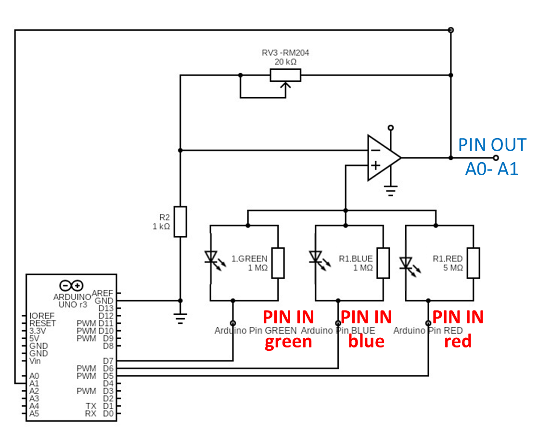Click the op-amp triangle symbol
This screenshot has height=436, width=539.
pyautogui.click(x=383, y=158)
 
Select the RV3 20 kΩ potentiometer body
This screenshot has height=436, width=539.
pyautogui.click(x=285, y=76)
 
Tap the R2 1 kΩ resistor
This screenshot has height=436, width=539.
pyautogui.click(x=180, y=222)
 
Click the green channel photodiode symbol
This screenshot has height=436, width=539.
pyautogui.click(x=211, y=259)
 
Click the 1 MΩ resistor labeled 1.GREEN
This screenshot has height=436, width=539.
pyautogui.click(x=278, y=263)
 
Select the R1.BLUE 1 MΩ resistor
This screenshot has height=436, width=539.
pyautogui.click(x=383, y=263)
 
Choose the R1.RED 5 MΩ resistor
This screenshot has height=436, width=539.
pyautogui.click(x=474, y=263)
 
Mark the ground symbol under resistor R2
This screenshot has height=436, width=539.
pyautogui.click(x=180, y=318)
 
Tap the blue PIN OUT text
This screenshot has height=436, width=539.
pyautogui.click(x=491, y=145)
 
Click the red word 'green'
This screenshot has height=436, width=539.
pyautogui.click(x=288, y=341)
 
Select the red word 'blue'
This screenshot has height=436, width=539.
pyautogui.click(x=366, y=341)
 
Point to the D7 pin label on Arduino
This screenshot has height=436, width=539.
pyautogui.click(x=108, y=360)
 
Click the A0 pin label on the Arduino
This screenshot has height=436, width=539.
pyautogui.click(x=34, y=376)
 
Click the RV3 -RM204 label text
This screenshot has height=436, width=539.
pyautogui.click(x=285, y=53)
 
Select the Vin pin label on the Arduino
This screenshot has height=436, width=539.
pyautogui.click(x=36, y=360)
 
